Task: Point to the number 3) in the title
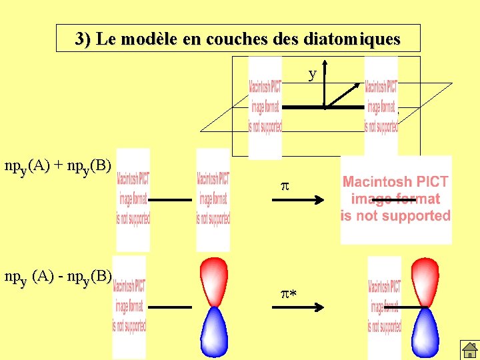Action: [83, 39]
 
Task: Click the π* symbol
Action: [288, 293]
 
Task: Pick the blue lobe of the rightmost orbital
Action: [425, 332]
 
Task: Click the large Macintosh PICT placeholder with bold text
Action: [396, 199]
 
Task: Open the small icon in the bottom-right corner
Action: [469, 349]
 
